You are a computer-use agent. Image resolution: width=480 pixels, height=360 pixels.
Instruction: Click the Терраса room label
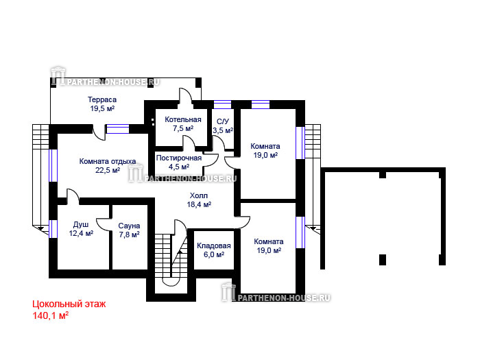102,99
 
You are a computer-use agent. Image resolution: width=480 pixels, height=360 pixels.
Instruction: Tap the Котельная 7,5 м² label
183,124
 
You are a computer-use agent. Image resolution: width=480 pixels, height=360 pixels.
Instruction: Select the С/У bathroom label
223,121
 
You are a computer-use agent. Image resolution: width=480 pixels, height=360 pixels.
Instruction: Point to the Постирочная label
179,158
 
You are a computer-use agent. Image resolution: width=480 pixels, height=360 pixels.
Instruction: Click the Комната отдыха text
108,161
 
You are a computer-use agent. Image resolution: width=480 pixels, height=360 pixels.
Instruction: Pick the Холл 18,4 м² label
199,200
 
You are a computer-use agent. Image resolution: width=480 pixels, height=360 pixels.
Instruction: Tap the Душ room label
81,225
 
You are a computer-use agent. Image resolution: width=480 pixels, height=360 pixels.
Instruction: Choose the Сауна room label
129,226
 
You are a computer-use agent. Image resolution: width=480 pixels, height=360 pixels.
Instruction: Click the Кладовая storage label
214,245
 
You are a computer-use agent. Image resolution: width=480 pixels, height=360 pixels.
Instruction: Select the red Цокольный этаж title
69,304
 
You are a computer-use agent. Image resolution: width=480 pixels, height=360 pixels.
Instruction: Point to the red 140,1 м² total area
51,315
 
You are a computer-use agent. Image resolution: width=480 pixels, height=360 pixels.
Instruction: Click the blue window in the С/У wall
223,105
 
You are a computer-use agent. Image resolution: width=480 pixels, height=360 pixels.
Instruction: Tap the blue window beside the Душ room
53,229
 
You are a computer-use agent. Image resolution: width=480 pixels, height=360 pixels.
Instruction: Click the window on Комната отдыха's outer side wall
53,165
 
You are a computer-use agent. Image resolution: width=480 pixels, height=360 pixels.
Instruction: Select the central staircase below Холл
171,256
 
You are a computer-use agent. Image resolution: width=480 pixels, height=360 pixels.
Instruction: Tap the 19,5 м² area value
102,108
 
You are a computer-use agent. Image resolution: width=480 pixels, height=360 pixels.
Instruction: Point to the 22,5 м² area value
108,170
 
